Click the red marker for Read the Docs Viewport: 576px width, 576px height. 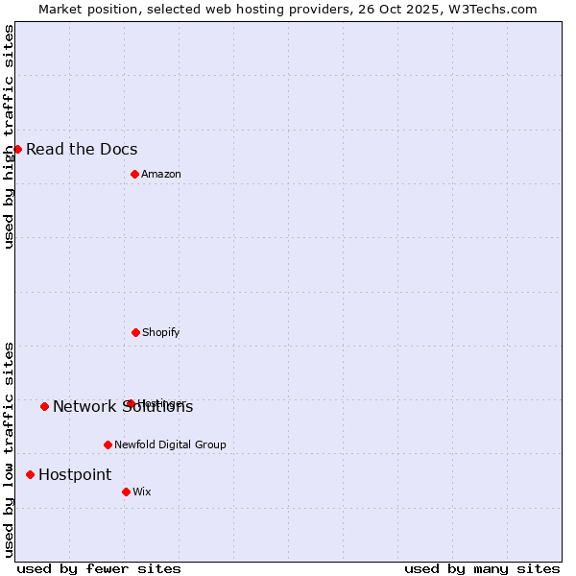(17, 149)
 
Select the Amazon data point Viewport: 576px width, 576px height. (134, 174)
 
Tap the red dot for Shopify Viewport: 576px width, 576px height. (135, 332)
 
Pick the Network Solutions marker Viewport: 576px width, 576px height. (44, 406)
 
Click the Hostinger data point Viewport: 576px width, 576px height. (131, 403)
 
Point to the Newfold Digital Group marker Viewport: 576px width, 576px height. (108, 444)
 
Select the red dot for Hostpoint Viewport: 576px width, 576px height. (30, 474)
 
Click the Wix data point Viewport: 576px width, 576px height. (126, 492)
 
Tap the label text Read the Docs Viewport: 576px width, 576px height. (82, 149)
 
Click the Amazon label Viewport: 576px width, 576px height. (161, 174)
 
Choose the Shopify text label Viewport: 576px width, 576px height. (161, 332)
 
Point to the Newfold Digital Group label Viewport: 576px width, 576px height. (170, 444)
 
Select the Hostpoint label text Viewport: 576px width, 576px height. (75, 474)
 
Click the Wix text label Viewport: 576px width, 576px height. (142, 492)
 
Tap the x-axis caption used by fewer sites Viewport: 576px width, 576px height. (99, 568)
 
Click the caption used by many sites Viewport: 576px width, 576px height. (482, 568)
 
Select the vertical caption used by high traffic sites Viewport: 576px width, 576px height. (9, 136)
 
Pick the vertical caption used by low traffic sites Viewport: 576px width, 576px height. (9, 448)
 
